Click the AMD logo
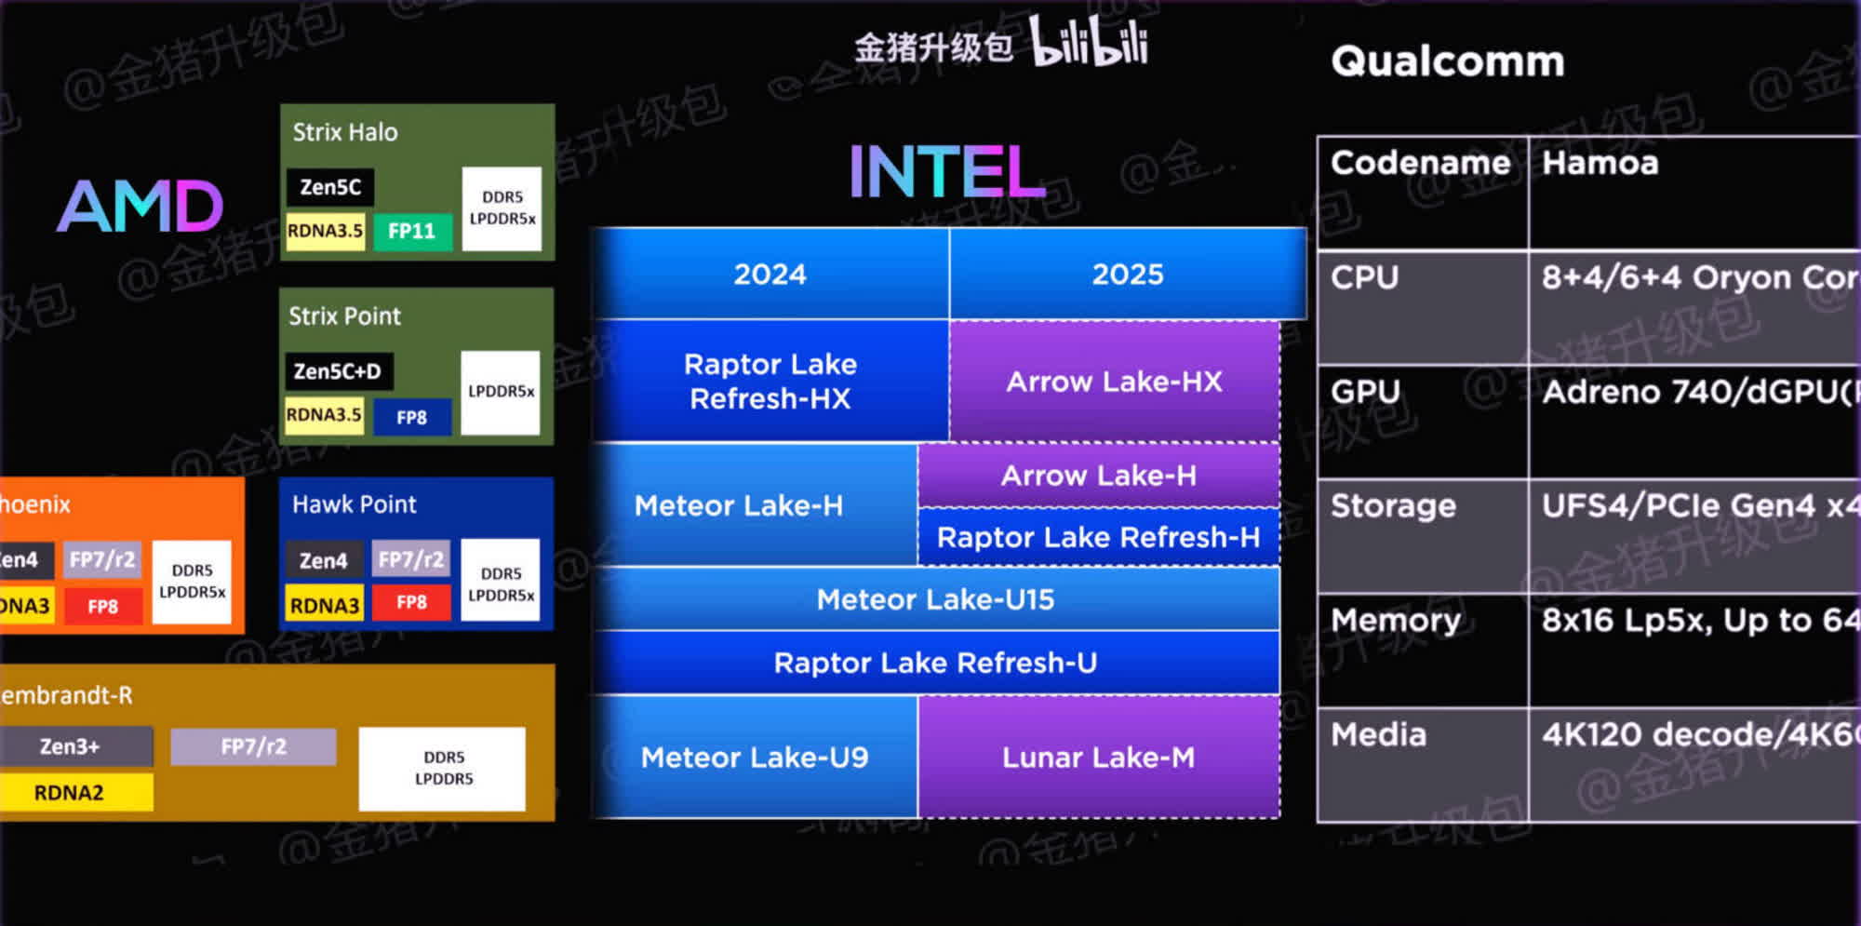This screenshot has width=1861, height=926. tap(141, 206)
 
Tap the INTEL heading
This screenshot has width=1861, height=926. tap(946, 172)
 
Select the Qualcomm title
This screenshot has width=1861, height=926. tap(1447, 61)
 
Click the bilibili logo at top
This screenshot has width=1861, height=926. tap(1089, 43)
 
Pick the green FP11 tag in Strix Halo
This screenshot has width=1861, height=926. tap(412, 231)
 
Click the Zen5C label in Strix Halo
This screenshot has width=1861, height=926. tap(330, 187)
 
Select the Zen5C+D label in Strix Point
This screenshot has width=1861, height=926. tap(338, 371)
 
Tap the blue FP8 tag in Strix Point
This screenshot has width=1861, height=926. tap(412, 417)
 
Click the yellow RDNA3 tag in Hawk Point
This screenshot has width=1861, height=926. tap(324, 605)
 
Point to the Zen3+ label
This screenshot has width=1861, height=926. tap(71, 746)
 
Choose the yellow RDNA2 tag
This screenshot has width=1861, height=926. tap(71, 793)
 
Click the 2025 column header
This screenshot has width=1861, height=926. tap(1127, 275)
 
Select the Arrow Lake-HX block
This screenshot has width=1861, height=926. tap(1114, 382)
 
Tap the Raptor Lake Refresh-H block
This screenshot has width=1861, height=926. tap(1098, 537)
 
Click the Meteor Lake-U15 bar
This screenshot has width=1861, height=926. tap(935, 599)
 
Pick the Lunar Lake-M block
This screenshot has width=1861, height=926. tap(1098, 758)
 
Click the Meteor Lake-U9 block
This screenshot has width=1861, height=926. tap(755, 758)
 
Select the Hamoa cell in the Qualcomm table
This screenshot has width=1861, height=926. tap(1600, 164)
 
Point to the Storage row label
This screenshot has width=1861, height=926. tap(1393, 506)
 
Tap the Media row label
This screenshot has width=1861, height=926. tap(1378, 735)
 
